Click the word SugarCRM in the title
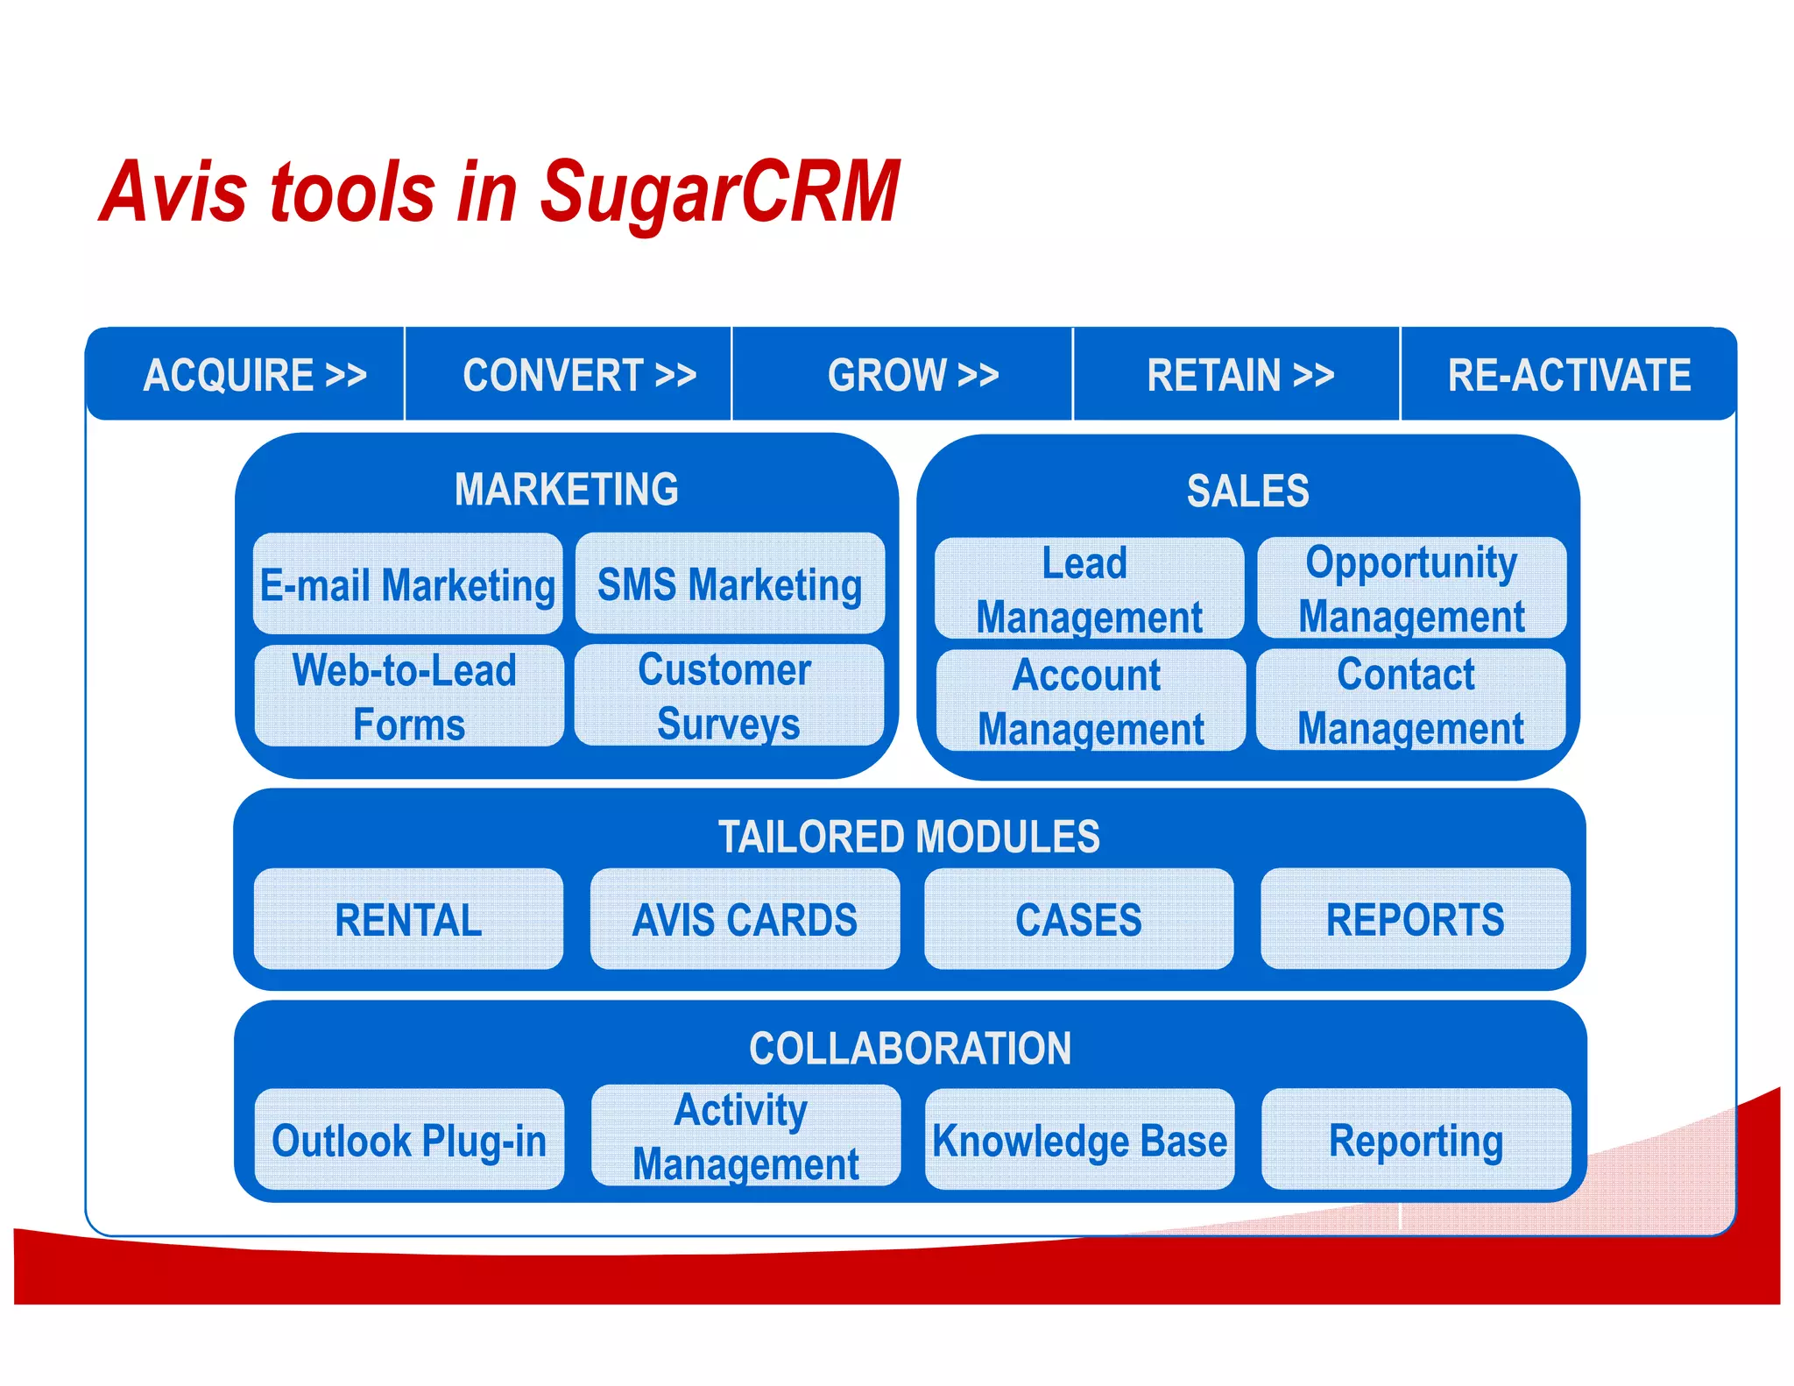point(718,193)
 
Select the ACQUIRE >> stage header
point(254,375)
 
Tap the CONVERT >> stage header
point(579,375)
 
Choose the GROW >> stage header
point(913,375)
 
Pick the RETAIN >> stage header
point(1240,375)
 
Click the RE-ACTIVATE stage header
point(1568,375)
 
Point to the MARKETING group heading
point(567,489)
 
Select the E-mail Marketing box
point(408,584)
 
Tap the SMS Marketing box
point(730,584)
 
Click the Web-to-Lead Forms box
point(408,697)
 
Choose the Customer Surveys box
point(728,696)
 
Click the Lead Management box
point(1089,590)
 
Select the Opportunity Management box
point(1411,589)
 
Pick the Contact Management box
point(1410,701)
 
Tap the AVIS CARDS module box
point(745,920)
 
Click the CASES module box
point(1078,920)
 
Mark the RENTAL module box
point(408,920)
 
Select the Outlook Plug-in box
point(409,1140)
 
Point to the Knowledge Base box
point(1079,1140)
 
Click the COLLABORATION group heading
point(910,1048)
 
